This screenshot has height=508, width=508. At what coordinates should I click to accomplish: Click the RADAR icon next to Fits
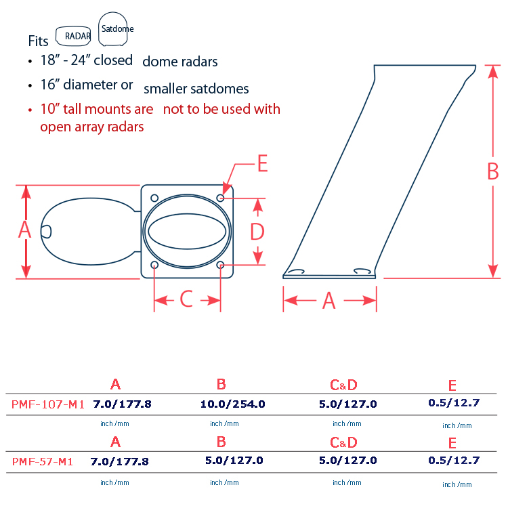tap(73, 36)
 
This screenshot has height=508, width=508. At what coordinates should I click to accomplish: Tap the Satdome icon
tap(113, 30)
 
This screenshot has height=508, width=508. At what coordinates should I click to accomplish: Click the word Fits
tap(38, 41)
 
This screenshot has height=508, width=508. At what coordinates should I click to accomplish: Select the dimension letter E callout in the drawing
tap(263, 163)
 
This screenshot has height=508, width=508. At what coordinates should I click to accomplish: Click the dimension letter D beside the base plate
tap(257, 232)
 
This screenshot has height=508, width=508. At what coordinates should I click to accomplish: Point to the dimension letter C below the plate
tap(186, 299)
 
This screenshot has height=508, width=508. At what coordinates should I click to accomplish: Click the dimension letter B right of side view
tap(493, 171)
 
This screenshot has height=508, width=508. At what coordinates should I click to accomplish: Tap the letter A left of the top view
tap(24, 230)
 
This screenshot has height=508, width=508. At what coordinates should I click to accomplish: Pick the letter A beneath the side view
tap(329, 301)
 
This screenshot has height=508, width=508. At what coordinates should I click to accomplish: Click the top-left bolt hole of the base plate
tap(154, 198)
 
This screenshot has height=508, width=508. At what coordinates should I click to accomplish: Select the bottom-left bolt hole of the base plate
tap(154, 265)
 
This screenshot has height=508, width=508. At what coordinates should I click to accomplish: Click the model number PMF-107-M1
tap(48, 404)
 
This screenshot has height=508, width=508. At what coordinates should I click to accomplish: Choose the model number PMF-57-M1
tap(43, 462)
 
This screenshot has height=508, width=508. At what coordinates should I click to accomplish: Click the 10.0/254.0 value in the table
tap(232, 404)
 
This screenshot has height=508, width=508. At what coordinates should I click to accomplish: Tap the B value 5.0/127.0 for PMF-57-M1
tap(234, 461)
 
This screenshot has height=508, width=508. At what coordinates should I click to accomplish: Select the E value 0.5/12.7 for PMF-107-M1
tap(454, 403)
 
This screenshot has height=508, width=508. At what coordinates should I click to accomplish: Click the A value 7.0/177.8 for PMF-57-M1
tap(119, 461)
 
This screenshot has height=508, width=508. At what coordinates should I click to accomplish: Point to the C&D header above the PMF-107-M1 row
tap(343, 385)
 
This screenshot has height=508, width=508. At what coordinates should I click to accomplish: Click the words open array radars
tap(92, 127)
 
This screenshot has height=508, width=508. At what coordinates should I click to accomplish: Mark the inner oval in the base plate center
tap(187, 232)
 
